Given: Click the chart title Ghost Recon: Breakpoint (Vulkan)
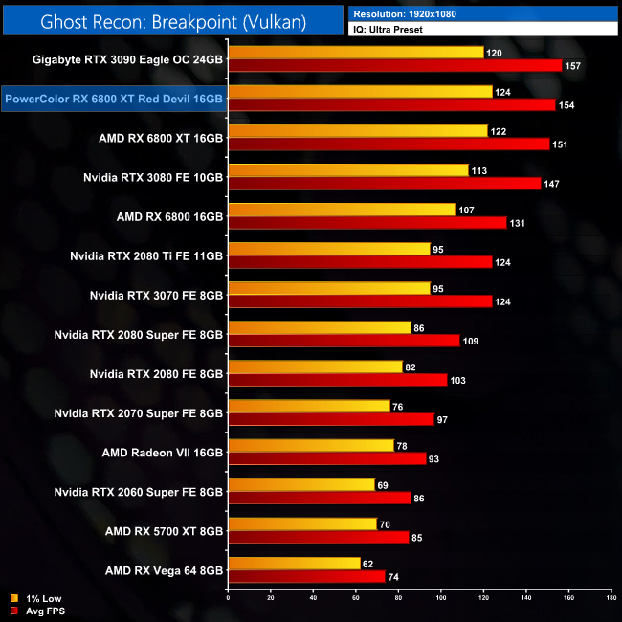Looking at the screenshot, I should [x=172, y=20].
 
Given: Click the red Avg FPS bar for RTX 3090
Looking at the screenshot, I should [x=394, y=66].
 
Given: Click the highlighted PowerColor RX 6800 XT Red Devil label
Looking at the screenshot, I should [x=113, y=98].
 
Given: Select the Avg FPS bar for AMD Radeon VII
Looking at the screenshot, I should [x=326, y=458].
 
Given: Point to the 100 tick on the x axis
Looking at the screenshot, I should [x=441, y=599].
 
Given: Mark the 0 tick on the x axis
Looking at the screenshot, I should [x=228, y=599].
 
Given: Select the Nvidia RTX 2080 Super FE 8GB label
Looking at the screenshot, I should [x=139, y=334].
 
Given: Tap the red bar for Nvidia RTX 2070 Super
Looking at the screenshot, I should [x=330, y=419].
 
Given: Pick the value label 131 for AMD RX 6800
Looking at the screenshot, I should [x=520, y=223].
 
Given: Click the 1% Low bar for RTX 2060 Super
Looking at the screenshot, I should [x=300, y=484].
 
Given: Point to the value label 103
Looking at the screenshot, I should [x=460, y=380].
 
